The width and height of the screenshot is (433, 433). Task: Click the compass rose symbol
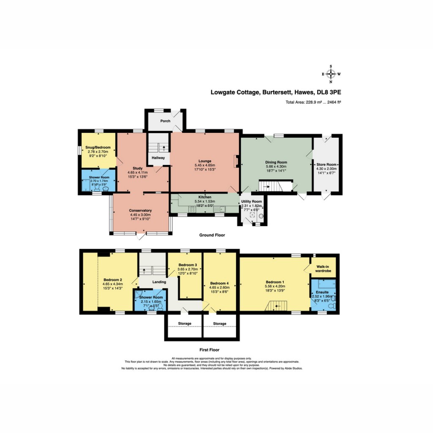tap(331, 74)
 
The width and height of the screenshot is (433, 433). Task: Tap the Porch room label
tap(165, 121)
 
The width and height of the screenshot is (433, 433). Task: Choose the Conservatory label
tap(140, 211)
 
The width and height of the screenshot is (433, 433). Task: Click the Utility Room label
tap(252, 201)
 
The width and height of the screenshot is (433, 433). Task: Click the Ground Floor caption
tap(212, 235)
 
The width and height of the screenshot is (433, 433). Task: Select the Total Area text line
tap(313, 102)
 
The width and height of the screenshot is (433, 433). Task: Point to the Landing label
tap(159, 282)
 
